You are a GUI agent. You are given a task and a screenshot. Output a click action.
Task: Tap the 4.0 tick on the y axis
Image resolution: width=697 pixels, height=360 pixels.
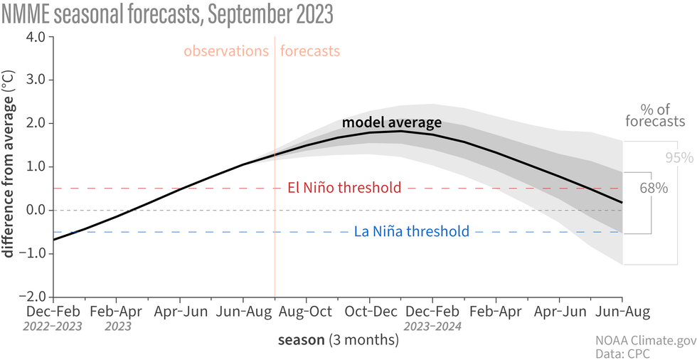[35, 36]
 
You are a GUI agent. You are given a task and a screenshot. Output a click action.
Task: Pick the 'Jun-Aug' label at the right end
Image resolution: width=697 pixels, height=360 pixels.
[622, 312]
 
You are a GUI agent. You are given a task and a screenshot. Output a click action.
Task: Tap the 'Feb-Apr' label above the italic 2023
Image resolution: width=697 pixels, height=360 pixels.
[117, 312]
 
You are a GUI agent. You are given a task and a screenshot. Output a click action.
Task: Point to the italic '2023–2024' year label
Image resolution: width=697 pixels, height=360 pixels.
[433, 327]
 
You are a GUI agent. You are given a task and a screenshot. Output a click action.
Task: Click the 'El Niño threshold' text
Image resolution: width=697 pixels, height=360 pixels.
[344, 188]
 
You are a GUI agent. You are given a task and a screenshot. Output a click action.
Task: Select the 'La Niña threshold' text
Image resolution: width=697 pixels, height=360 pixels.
[411, 231]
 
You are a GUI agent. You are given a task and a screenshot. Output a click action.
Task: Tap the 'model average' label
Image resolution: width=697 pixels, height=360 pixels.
[392, 122]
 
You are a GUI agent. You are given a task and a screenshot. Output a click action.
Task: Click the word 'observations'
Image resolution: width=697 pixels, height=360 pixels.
[226, 51]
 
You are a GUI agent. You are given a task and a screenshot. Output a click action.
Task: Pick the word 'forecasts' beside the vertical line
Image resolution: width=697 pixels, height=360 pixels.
[310, 51]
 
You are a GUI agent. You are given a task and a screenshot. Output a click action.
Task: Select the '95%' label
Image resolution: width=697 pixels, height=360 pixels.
[679, 157]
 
